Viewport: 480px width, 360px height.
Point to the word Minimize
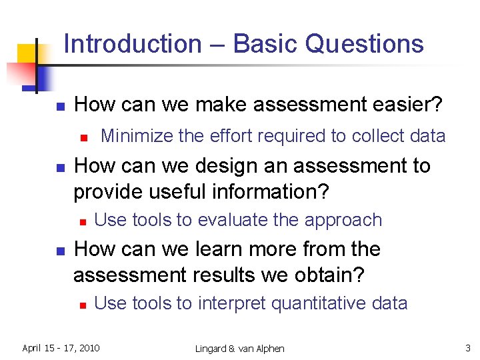pos(135,137)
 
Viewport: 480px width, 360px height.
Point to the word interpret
pos(231,304)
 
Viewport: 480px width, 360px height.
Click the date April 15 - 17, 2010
pos(61,348)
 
